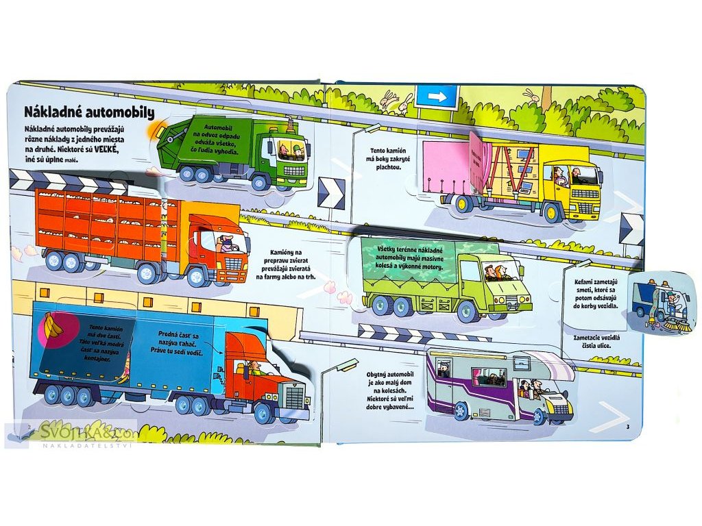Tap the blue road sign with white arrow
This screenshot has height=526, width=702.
(x=437, y=97)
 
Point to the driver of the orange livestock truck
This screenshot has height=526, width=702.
(x=225, y=242)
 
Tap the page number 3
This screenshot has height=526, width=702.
(x=627, y=428)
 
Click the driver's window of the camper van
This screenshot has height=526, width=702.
(x=529, y=388)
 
